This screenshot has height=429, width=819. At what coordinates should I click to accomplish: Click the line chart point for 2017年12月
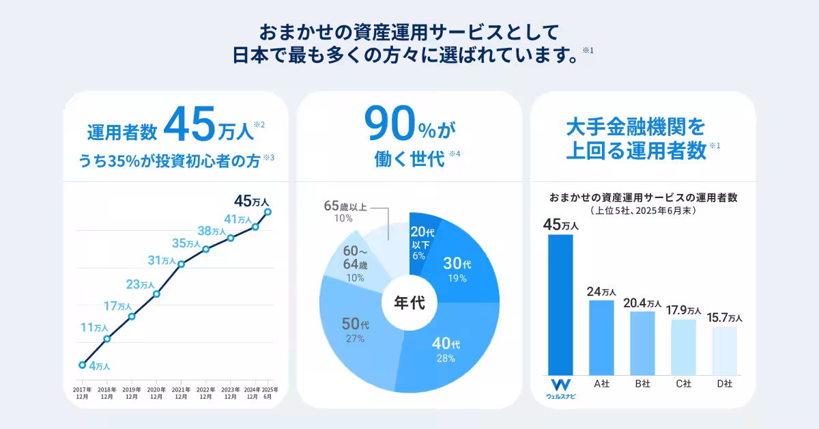(x=82, y=365)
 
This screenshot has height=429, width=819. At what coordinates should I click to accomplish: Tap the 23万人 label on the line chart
(x=141, y=284)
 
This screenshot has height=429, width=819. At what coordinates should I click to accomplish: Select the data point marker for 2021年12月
(x=181, y=264)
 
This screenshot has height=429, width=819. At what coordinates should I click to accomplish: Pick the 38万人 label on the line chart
(x=212, y=230)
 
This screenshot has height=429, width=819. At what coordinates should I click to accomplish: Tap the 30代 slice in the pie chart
(x=456, y=270)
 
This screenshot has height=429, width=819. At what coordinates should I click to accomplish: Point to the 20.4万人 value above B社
(x=642, y=303)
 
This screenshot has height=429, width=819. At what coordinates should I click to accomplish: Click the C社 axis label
(x=683, y=384)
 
